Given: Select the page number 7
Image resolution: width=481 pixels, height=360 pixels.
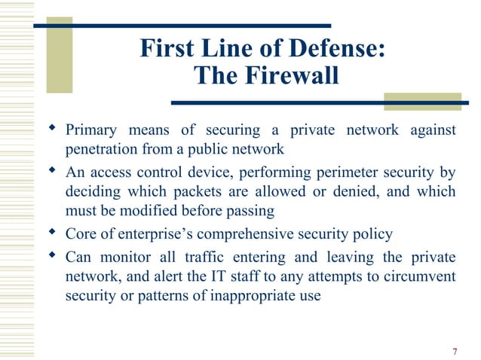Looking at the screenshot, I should click(x=455, y=350).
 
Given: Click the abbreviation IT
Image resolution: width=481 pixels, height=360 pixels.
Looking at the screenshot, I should click(x=198, y=276).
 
